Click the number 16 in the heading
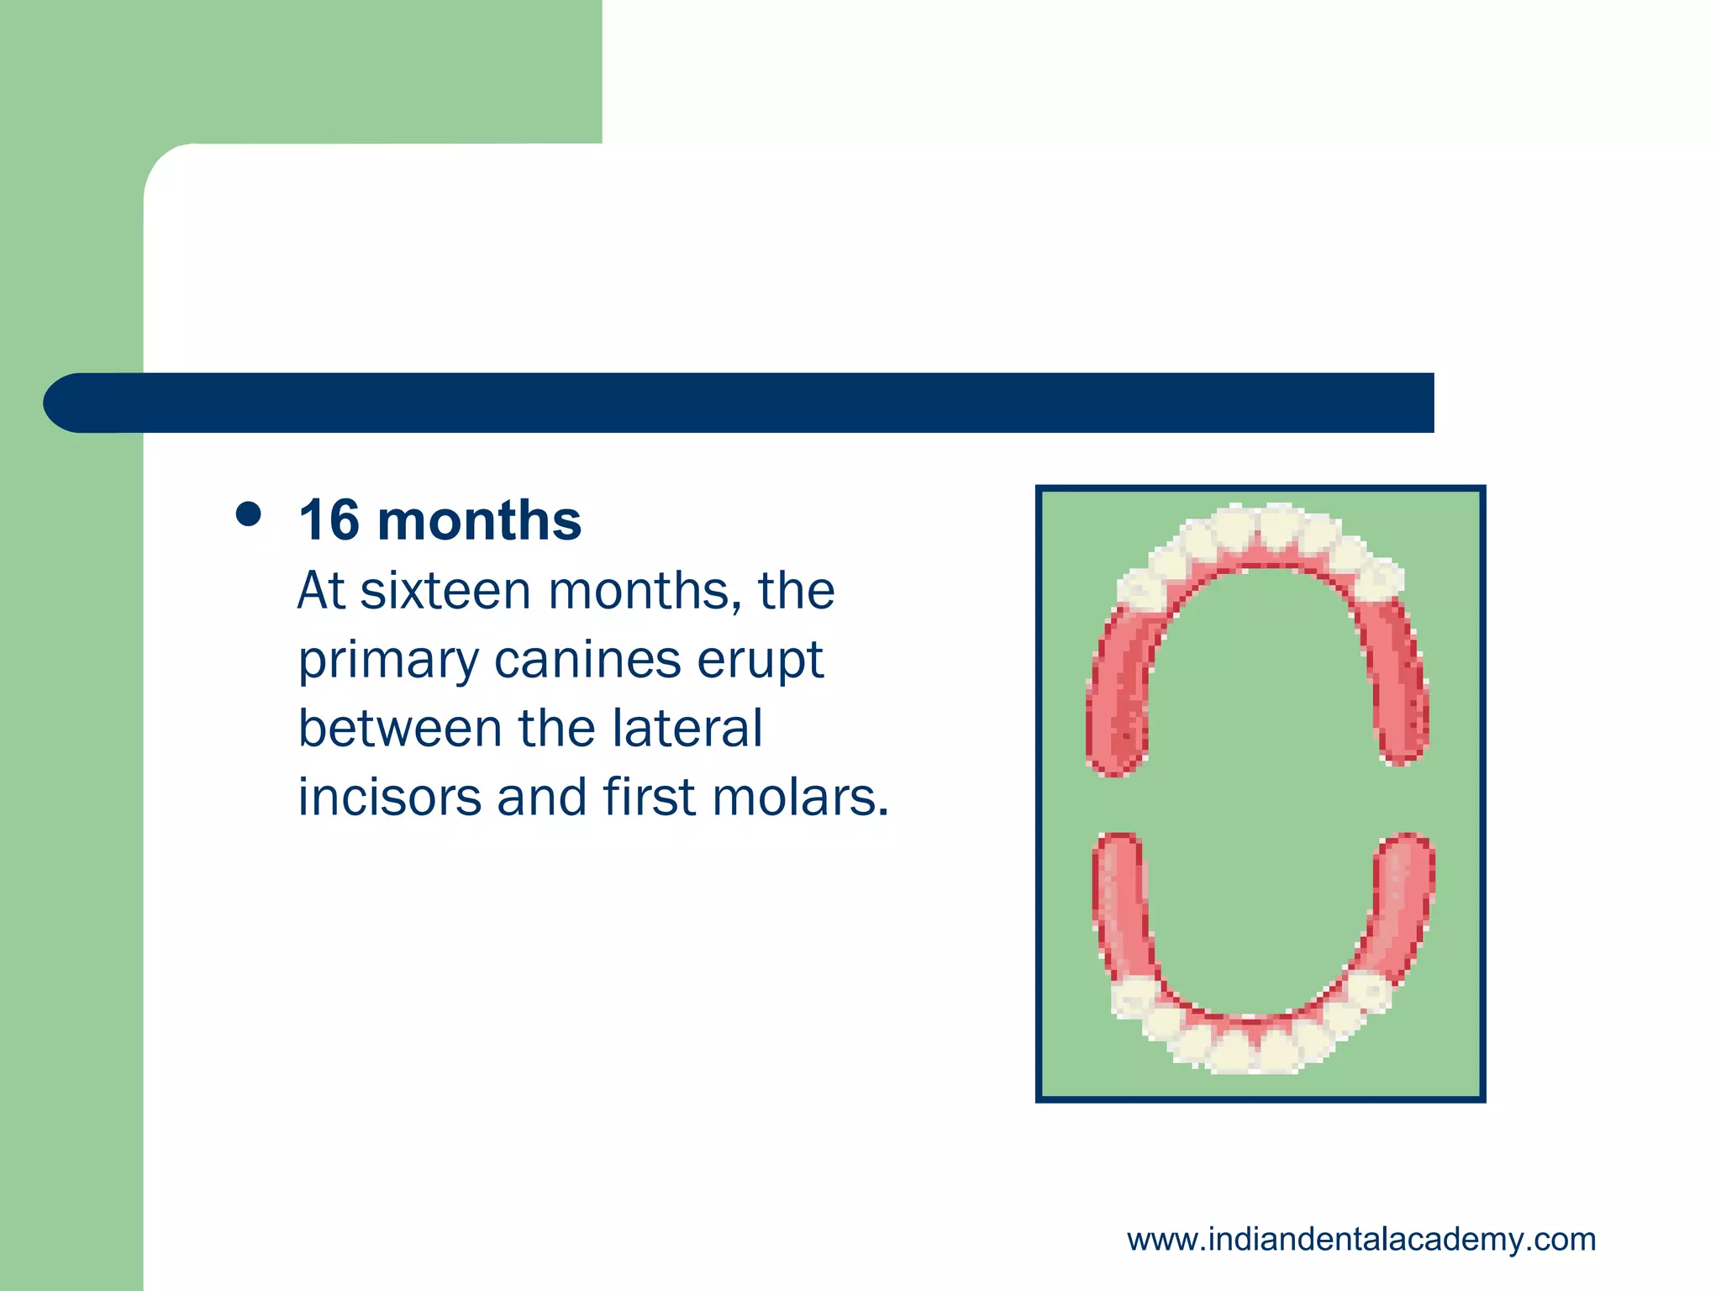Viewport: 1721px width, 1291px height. point(329,521)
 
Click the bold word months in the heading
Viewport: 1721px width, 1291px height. point(479,521)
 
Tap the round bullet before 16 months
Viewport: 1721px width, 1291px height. point(248,514)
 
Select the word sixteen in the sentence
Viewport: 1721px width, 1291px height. point(446,591)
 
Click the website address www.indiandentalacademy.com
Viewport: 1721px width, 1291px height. point(1361,1240)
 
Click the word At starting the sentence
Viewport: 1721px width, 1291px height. point(321,591)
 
